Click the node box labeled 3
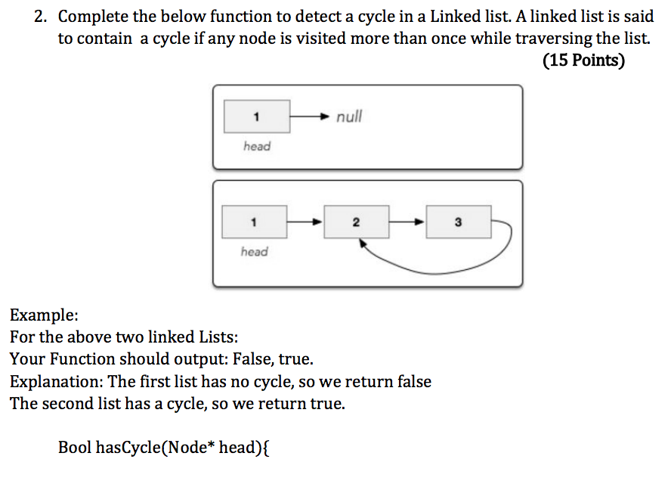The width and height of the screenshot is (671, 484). pos(459,222)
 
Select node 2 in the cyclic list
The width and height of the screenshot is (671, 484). pos(357,222)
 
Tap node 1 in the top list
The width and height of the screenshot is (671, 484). pos(257,116)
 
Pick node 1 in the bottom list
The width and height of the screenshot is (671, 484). pos(254,222)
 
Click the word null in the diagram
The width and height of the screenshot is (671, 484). pos(349,116)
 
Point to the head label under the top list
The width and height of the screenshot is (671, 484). pos(257,146)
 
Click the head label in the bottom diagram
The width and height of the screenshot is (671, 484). pos(254,251)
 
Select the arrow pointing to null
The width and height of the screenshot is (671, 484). pos(310,116)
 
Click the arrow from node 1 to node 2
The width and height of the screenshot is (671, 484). pos(305,222)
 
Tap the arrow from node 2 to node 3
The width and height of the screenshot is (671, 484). pos(407,222)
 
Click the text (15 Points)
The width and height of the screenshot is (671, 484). pos(583,60)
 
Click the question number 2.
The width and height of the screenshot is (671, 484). pos(40,17)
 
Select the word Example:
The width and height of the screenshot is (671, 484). pos(44,315)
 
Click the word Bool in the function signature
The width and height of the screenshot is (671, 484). pos(74,447)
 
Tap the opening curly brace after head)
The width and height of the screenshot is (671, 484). pos(266,448)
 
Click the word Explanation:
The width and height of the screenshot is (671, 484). pos(57,382)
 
